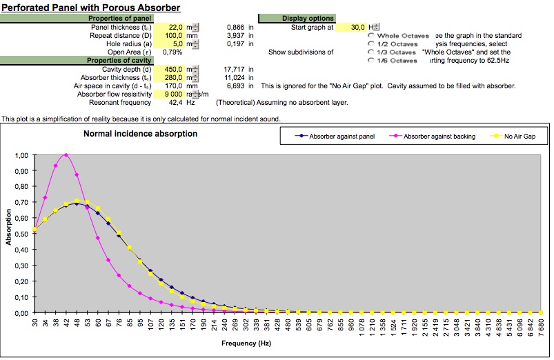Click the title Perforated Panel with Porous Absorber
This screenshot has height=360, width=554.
(x=92, y=8)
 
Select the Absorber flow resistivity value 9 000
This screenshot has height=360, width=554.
(x=173, y=94)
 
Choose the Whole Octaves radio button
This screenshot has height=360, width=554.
(x=373, y=35)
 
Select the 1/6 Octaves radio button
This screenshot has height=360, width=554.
(x=373, y=60)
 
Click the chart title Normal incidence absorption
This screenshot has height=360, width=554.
(x=140, y=134)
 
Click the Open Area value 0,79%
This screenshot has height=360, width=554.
(x=172, y=52)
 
